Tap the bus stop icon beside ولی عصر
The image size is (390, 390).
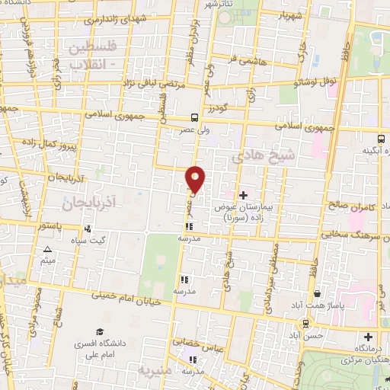click(x=196, y=118)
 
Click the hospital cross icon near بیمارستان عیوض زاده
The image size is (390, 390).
click(x=244, y=194)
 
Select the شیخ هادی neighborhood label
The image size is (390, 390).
click(x=260, y=155)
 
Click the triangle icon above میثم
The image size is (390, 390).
click(x=48, y=249)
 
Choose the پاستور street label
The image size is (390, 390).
click(x=53, y=226)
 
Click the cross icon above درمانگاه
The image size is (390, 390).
click(x=369, y=336)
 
